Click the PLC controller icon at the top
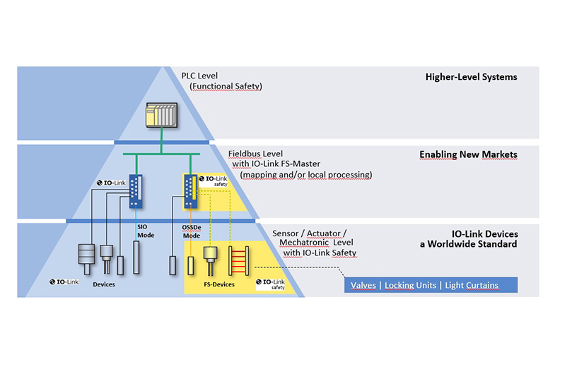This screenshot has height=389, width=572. pos(161,115)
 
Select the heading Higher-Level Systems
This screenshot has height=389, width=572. pos(471,77)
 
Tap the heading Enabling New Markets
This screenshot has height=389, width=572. pos(468,154)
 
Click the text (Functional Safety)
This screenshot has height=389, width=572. pos(226,86)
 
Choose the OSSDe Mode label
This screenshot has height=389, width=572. pos(192,231)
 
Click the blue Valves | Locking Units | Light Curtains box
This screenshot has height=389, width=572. pos(424,286)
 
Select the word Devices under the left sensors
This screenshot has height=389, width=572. pos(104,284)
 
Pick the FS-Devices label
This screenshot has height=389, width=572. pos(216,284)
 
